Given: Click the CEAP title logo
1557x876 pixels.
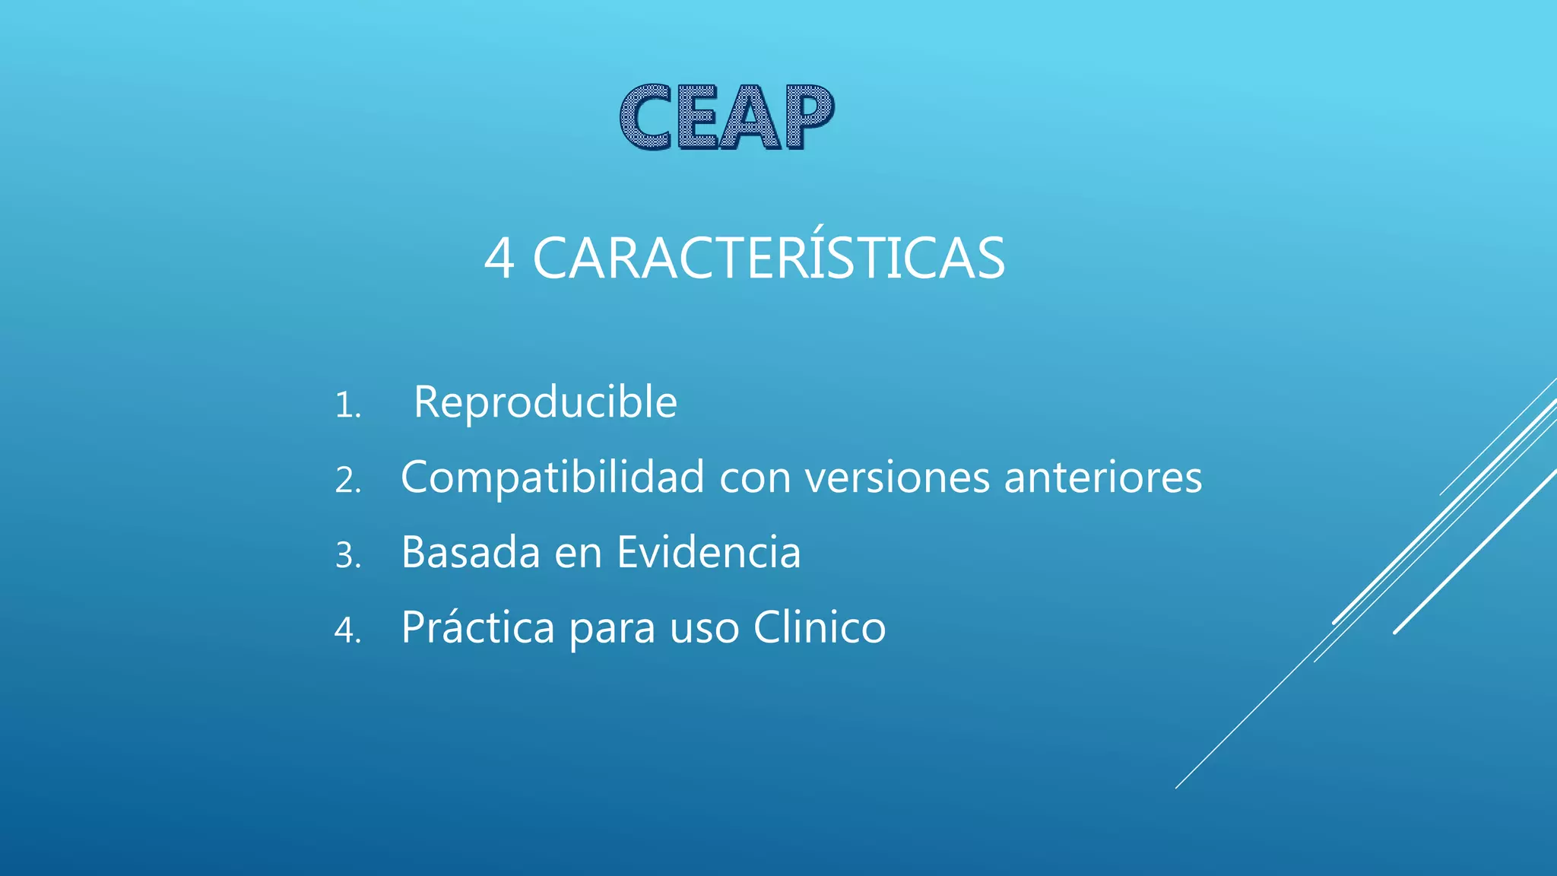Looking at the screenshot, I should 727,117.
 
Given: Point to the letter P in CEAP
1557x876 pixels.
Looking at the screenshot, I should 809,117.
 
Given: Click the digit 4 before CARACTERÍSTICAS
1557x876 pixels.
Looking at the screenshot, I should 499,259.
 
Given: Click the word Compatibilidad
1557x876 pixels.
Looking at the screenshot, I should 553,478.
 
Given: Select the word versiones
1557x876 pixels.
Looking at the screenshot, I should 898,478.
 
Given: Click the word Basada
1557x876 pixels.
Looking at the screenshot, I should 470,552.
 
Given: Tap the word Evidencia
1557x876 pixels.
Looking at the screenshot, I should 709,552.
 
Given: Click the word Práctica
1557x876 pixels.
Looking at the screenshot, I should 477,628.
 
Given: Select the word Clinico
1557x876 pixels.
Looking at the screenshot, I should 820,627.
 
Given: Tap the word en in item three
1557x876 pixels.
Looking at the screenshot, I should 578,554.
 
